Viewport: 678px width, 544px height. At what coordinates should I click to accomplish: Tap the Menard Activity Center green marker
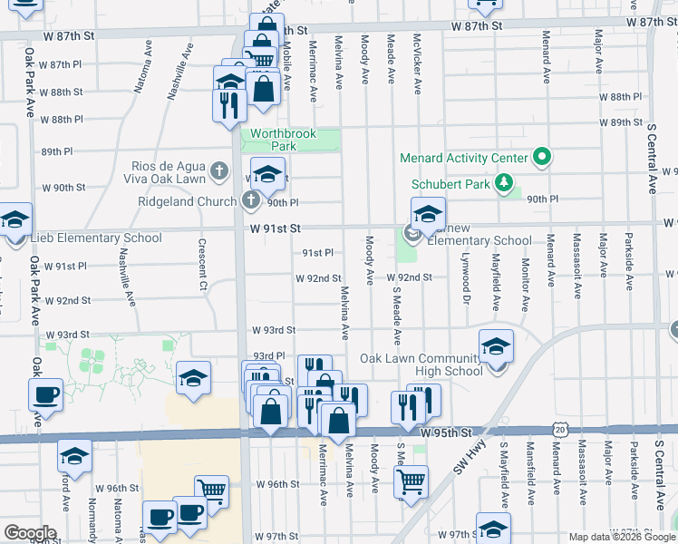(542, 158)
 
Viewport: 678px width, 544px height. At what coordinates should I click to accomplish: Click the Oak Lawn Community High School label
(421, 364)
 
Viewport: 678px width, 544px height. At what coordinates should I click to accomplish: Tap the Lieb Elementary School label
(96, 238)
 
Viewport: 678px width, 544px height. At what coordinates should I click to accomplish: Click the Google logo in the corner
(30, 533)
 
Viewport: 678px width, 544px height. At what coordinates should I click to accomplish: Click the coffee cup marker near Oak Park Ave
(45, 395)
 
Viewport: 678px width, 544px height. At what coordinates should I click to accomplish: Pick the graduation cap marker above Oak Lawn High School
(496, 347)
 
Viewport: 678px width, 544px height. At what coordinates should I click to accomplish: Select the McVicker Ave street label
(418, 65)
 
